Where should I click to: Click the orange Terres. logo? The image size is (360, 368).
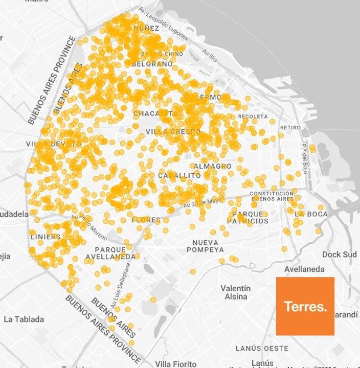pos(305,306)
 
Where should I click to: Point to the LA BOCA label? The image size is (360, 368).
pos(311,214)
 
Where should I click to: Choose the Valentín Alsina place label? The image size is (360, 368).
pos(236,292)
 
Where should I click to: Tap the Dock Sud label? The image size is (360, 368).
pos(339,254)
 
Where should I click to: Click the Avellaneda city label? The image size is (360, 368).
pos(305,269)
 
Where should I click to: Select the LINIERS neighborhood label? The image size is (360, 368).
pos(45,237)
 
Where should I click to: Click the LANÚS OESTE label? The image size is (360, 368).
pos(262,348)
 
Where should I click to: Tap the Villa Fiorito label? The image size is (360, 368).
pos(175,364)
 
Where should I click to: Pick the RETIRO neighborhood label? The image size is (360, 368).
pos(290,127)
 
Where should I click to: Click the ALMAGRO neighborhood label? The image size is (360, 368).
pos(212,166)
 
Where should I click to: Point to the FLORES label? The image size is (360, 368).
pos(146,220)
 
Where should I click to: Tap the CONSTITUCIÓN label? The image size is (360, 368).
pos(272,193)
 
